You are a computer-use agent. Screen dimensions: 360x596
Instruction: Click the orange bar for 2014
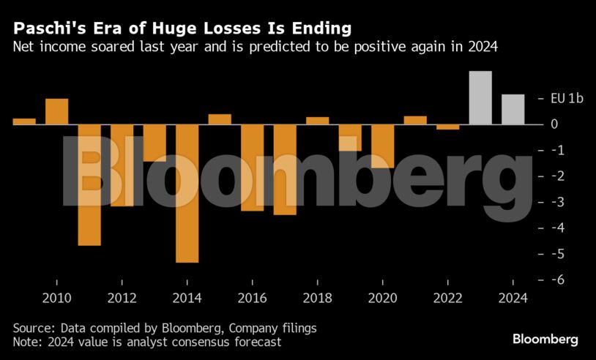point(187,193)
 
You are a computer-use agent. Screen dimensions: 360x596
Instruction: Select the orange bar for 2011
point(89,184)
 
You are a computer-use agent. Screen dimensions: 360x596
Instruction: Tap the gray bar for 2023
point(480,97)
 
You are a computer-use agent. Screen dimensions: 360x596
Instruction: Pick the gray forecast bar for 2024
point(513,109)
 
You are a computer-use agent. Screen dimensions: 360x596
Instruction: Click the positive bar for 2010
point(57,111)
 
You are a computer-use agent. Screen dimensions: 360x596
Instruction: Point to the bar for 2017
point(285,170)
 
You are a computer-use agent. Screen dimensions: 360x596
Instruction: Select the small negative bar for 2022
point(447,127)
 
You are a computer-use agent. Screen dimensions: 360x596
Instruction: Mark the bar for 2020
point(382,146)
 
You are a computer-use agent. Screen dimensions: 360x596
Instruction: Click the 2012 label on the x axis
point(122,298)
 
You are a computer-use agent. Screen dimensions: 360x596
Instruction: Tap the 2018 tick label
point(317,298)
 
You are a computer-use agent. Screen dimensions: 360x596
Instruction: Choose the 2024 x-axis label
point(513,298)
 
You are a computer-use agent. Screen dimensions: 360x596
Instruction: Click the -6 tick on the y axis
point(559,280)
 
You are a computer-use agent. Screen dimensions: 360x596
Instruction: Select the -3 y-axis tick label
point(559,202)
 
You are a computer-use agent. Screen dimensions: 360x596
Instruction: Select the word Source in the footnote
point(33,328)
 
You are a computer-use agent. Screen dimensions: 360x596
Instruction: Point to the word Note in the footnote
point(26,342)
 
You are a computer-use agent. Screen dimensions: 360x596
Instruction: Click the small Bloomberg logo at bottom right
point(545,340)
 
